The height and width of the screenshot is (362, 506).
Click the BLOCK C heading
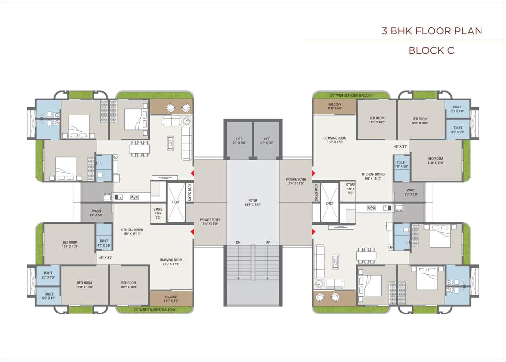(431, 50)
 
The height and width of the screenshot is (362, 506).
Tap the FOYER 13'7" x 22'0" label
(253, 202)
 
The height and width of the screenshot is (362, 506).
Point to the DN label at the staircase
(239, 242)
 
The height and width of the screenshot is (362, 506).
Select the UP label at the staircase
(268, 242)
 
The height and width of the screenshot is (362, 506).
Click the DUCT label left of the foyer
(176, 202)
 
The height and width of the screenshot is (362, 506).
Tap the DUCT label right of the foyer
(329, 203)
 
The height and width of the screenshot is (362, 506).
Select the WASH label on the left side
(96, 213)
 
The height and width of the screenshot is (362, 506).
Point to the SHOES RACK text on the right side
(316, 193)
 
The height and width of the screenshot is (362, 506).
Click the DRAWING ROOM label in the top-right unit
(335, 140)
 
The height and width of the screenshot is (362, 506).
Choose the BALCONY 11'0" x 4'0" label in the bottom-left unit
(171, 299)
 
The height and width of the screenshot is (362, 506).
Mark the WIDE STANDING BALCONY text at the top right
(351, 95)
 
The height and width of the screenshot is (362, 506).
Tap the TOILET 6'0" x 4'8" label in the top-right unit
(457, 109)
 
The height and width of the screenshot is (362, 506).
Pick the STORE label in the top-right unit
(350, 189)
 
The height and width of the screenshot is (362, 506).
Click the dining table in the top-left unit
(140, 148)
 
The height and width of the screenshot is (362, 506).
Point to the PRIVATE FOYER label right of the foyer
(296, 181)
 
